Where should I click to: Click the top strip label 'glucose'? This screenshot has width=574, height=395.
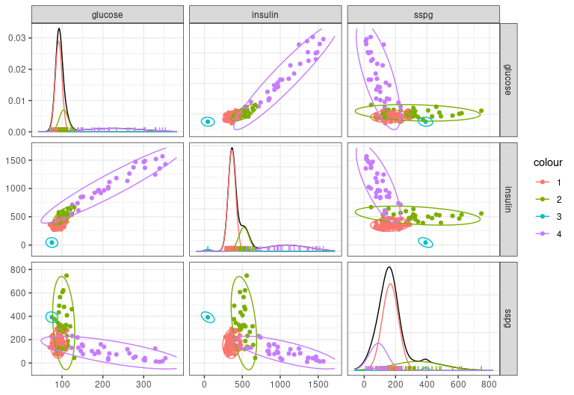point(108,15)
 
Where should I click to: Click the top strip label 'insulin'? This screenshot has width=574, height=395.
point(265,15)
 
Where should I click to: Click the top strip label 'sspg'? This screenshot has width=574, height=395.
point(423,15)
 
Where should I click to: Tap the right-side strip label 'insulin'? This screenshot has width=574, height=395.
point(509,199)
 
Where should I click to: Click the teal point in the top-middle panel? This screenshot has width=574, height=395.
point(207,121)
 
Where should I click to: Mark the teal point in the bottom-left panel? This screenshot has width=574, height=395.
point(52,317)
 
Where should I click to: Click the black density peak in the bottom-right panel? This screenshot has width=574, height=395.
point(389,267)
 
